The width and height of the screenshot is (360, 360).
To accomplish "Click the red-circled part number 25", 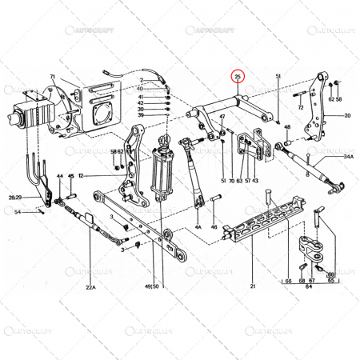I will click(238, 78).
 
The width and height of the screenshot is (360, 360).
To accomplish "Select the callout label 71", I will click(52, 78).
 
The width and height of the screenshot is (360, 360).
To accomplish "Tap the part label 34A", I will click(348, 158).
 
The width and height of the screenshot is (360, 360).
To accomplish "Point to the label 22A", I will click(90, 286).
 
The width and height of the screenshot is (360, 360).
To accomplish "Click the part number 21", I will click(251, 286).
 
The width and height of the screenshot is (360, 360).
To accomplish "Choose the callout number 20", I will click(347, 115).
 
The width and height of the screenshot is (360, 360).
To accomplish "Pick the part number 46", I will click(214, 227).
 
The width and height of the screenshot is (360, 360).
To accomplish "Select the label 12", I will click(82, 175).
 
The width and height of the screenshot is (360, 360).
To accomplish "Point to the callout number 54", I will click(18, 211).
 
